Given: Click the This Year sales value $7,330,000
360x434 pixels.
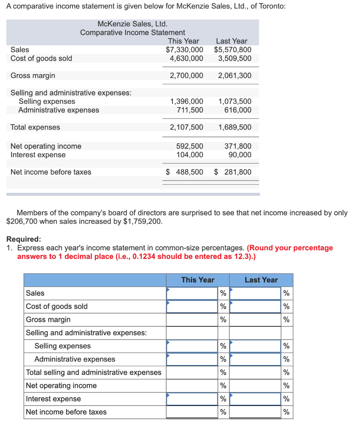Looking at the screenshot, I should [x=184, y=50].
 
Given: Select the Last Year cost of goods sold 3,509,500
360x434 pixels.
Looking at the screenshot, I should [x=234, y=58].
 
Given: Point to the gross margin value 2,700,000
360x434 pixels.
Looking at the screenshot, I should [x=186, y=75].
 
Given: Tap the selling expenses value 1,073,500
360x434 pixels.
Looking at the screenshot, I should [x=234, y=101].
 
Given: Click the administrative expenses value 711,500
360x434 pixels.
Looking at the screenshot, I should [x=190, y=110].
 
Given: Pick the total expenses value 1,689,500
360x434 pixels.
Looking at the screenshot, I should [x=234, y=127].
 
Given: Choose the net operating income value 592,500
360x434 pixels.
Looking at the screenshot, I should [x=190, y=146].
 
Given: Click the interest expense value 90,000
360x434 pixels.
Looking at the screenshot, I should [x=240, y=155].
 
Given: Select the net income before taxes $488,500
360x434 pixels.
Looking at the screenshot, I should [x=184, y=172].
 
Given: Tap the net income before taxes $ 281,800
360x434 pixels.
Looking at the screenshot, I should [x=233, y=172].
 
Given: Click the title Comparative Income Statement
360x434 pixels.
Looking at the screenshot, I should [x=132, y=33].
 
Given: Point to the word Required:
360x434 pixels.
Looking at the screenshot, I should [x=24, y=239].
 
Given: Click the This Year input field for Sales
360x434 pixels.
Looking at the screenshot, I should [x=192, y=293].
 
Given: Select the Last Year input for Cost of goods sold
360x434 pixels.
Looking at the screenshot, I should [x=255, y=306].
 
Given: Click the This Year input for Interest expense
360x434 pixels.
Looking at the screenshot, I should [x=192, y=399].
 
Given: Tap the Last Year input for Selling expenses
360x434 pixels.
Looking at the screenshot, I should [x=255, y=346].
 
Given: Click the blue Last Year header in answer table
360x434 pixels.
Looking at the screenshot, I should [x=261, y=280].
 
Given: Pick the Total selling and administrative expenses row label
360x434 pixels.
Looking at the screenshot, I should [x=94, y=373].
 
